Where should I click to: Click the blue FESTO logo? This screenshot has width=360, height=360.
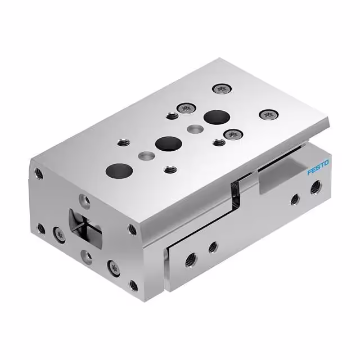coord(318,168)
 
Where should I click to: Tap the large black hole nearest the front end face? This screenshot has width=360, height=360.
coord(119,171)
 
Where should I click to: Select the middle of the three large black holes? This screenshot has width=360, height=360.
coord(169,144)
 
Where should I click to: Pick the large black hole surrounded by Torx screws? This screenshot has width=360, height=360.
coord(217,117)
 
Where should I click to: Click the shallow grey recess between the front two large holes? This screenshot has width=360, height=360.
coord(146,156)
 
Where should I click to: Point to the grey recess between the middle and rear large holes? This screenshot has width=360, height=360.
coord(195,129)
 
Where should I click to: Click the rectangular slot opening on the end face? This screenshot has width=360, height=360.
coord(85,228)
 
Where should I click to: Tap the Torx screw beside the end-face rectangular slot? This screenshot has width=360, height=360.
coord(59,235)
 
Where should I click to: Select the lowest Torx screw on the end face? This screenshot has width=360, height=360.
coord(114,268)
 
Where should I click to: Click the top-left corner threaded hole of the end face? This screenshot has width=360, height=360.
coord(39,174)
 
